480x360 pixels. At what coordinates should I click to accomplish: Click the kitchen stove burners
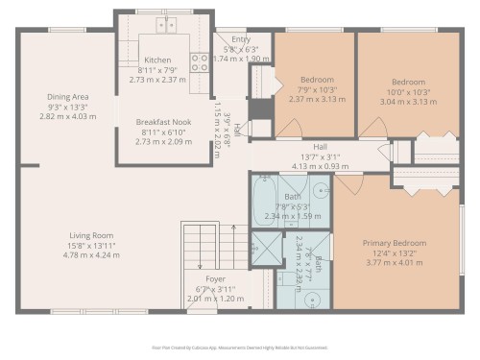click(x=201, y=63)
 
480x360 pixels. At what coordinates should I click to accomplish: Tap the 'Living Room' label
click(x=91, y=236)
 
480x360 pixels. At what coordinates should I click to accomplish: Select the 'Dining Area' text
click(x=68, y=96)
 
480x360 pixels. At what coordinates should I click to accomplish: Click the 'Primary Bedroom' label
click(x=395, y=243)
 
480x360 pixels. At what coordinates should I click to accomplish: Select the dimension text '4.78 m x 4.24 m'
click(x=91, y=256)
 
